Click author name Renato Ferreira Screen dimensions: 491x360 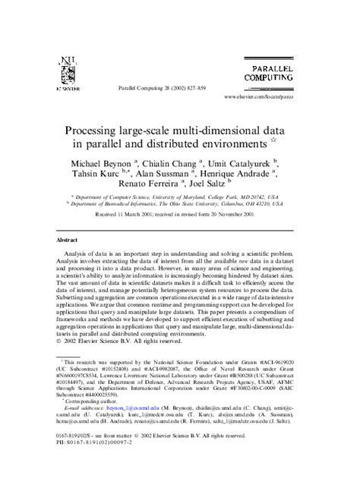pyautogui.click(x=149, y=186)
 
